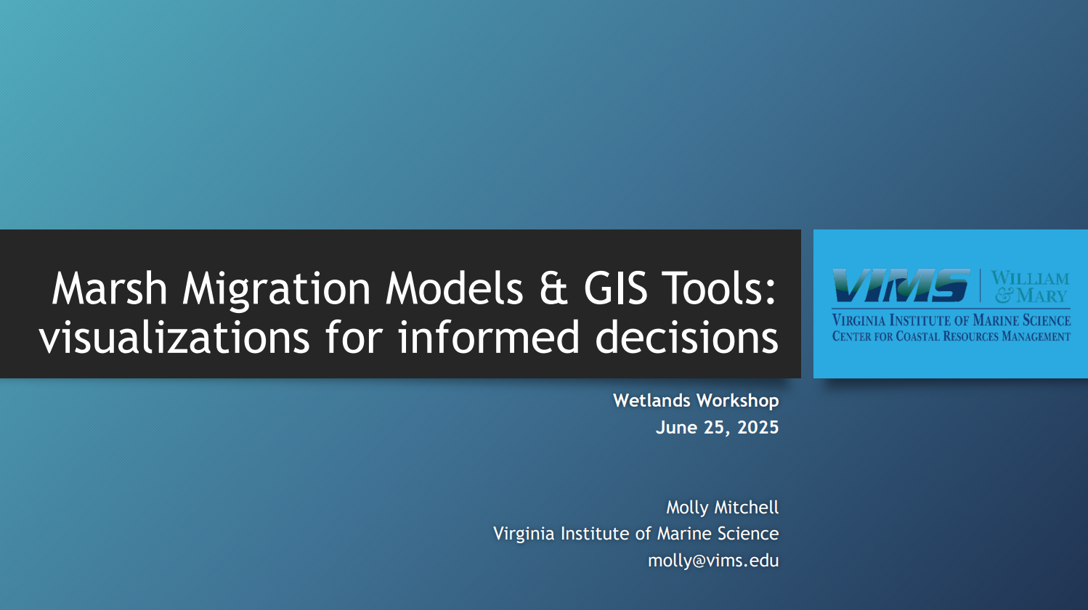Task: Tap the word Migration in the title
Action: tap(277, 290)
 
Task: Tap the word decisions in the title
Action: tap(687, 337)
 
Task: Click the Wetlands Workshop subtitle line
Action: tap(696, 401)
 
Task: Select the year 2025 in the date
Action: tap(758, 428)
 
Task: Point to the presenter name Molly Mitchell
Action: tap(722, 508)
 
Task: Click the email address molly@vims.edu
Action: tap(713, 561)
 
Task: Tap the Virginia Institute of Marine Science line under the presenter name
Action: tap(636, 534)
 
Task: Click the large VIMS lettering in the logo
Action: tap(901, 285)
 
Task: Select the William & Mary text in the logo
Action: tap(1030, 287)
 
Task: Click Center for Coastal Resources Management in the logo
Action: tap(951, 336)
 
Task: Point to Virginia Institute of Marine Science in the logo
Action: tap(951, 320)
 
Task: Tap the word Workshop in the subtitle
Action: tap(738, 401)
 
